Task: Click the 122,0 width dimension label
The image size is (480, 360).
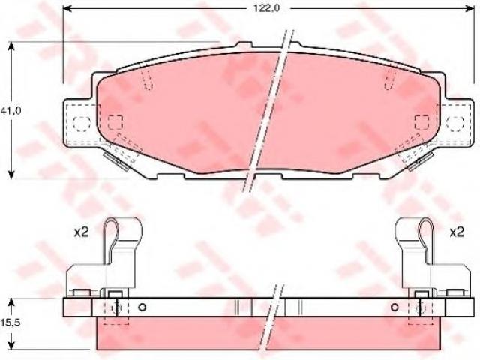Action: (267, 8)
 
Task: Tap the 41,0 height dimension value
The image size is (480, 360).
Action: (10, 111)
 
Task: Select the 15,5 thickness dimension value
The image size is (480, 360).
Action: (10, 322)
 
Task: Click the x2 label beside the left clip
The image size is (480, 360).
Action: (81, 232)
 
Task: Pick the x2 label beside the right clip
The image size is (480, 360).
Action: (457, 232)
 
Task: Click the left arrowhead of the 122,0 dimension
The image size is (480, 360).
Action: (67, 8)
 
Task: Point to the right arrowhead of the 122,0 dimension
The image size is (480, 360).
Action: (469, 8)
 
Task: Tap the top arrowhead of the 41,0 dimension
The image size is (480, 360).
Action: (11, 47)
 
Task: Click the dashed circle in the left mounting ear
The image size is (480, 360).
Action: (82, 124)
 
